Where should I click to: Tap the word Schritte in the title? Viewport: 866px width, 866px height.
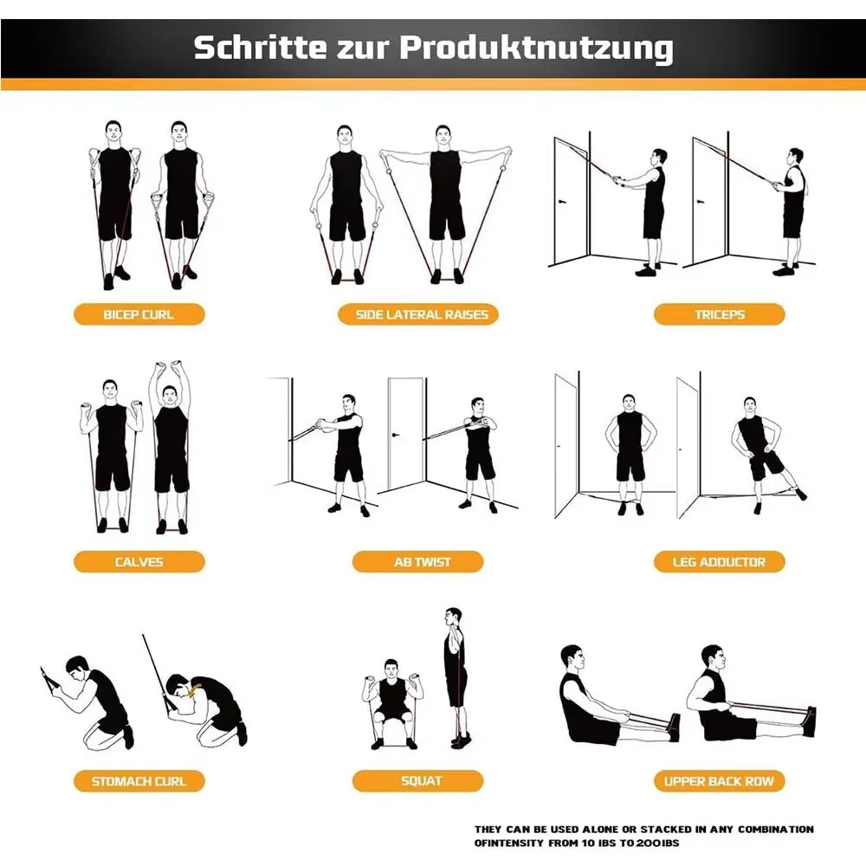(x=250, y=48)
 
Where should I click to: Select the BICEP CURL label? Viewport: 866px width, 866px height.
(x=139, y=314)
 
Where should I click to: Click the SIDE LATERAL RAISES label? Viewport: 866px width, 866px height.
(x=422, y=314)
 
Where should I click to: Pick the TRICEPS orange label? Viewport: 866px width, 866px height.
(x=719, y=314)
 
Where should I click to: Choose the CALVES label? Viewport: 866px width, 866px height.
(x=139, y=562)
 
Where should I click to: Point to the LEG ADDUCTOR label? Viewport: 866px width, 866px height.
(x=719, y=562)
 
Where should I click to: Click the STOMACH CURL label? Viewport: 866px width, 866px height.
(x=139, y=781)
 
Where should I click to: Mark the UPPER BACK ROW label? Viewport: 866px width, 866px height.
(x=719, y=781)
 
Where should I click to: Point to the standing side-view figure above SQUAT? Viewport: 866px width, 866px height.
(x=455, y=675)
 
